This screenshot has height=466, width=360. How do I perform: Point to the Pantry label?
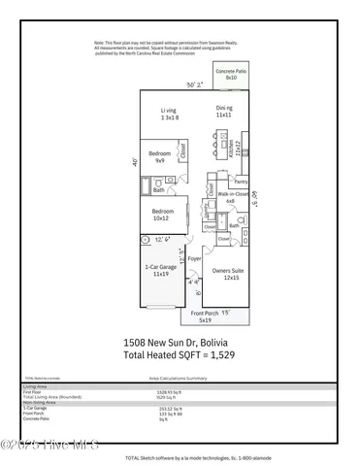pos(241,181)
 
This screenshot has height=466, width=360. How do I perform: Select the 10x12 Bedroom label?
pos(162,214)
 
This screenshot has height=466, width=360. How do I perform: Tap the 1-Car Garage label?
pos(158,271)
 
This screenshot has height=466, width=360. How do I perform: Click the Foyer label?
pos(194,259)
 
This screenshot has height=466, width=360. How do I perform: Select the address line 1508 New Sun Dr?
pos(180,342)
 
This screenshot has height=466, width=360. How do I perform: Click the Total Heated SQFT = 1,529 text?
pos(180,355)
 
